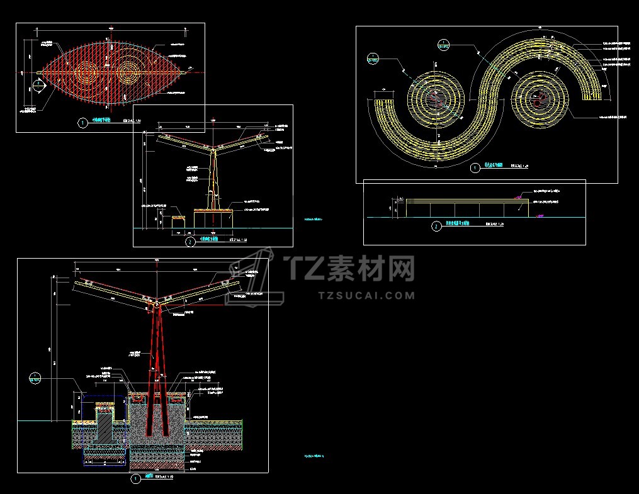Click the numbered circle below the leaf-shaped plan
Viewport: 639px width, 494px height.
point(82,123)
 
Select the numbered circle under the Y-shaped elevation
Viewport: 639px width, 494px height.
point(189,241)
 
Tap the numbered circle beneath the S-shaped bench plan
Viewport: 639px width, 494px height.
point(475,168)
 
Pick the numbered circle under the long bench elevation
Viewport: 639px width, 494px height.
point(436,227)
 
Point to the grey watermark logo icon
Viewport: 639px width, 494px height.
point(255,277)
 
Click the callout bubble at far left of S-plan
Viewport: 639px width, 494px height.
point(373,59)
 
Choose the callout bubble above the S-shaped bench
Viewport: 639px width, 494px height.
point(443,43)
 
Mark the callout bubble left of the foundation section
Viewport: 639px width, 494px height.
point(35,378)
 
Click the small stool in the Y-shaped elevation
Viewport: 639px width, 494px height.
point(179,222)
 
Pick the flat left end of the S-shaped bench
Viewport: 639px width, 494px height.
point(384,101)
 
